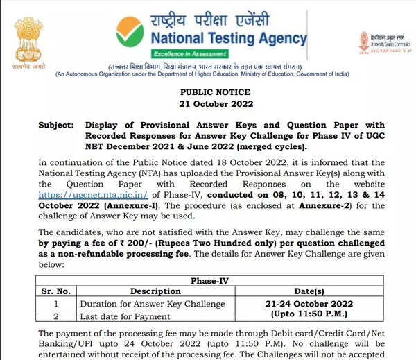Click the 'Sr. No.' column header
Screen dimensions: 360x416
tap(55, 291)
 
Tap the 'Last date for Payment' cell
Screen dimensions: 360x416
tap(125, 316)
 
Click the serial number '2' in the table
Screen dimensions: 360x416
tap(55, 316)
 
